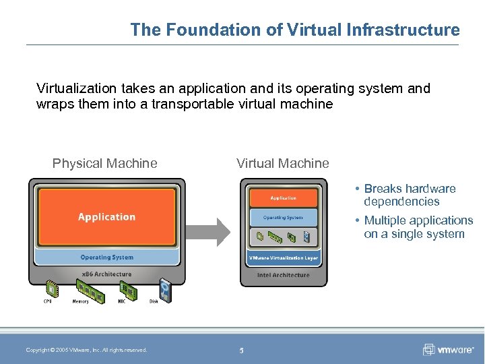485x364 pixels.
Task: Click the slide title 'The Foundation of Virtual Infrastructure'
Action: click(295, 30)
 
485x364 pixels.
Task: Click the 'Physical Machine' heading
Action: click(105, 163)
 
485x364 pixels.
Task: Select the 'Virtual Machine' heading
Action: click(283, 163)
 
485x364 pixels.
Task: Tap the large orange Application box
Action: click(106, 217)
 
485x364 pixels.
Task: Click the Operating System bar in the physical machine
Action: click(106, 257)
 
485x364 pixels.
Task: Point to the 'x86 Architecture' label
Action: click(106, 274)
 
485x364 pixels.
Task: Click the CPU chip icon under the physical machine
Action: click(48, 290)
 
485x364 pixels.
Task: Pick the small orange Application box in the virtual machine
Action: click(283, 198)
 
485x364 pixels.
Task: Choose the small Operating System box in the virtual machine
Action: click(283, 218)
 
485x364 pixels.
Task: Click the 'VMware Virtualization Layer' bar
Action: click(283, 258)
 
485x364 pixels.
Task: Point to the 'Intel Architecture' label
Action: click(283, 275)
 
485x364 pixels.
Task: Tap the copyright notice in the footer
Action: click(86, 350)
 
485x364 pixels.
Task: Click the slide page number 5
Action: click(241, 350)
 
